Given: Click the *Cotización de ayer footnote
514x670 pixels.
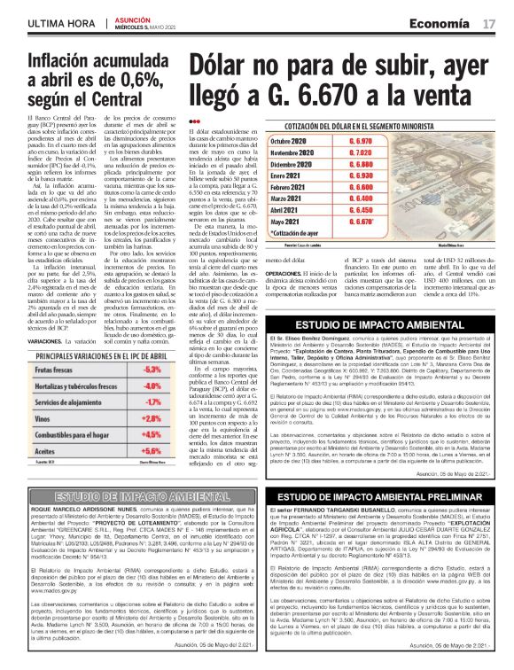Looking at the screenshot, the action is pos(274,232).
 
